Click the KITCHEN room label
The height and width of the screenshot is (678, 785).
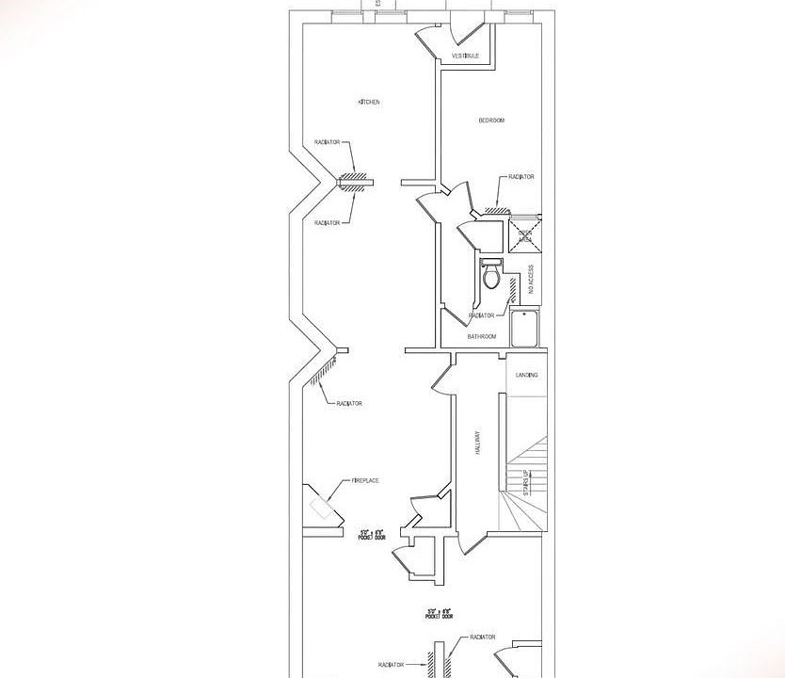[x=368, y=102]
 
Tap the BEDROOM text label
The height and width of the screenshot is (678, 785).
[x=491, y=120]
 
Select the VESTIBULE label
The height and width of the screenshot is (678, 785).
[x=466, y=56]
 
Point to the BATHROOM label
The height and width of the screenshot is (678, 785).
[x=482, y=336]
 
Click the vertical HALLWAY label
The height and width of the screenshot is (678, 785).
[x=478, y=443]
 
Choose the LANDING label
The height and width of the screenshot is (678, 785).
[x=526, y=375]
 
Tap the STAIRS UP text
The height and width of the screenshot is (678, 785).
[x=527, y=482]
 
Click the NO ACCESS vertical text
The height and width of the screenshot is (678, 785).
[x=531, y=280]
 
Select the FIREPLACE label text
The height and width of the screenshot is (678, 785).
[x=365, y=480]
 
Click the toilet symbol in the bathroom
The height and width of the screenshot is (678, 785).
[x=490, y=276]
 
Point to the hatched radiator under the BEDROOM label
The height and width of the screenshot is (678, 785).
[x=496, y=209]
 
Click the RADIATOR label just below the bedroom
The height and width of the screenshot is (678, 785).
[x=521, y=176]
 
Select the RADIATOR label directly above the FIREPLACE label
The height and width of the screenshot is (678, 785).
[x=349, y=403]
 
